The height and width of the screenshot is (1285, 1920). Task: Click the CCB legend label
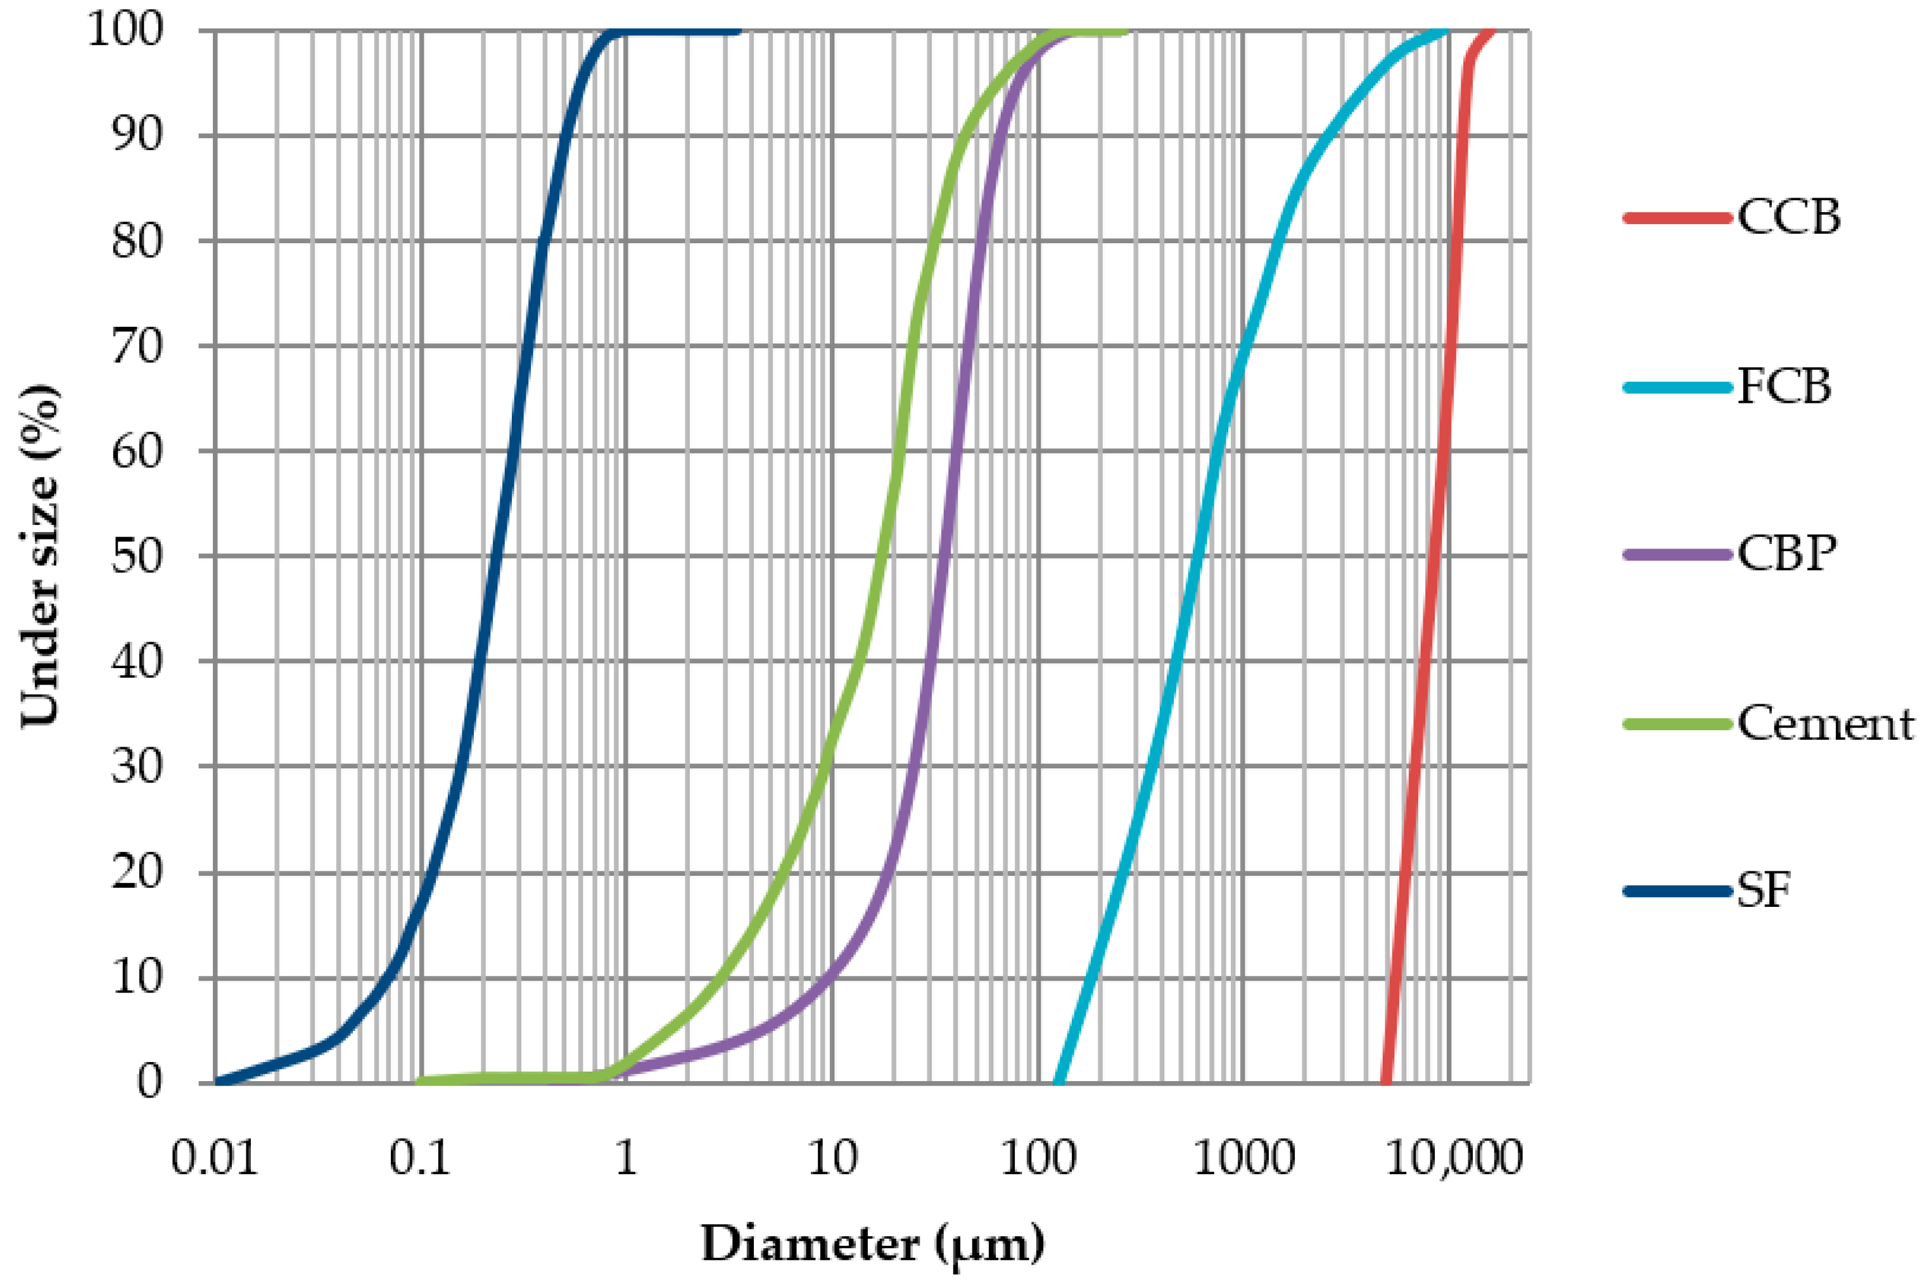(1789, 217)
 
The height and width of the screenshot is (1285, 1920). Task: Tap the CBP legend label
(1786, 554)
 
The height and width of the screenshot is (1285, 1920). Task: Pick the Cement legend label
(1825, 724)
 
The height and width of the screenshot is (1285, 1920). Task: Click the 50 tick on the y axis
(137, 557)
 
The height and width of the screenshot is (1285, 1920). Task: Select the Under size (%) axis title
(39, 557)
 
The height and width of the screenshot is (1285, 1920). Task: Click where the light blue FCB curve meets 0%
(1058, 1081)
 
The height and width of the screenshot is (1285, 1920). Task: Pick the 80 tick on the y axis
(137, 241)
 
